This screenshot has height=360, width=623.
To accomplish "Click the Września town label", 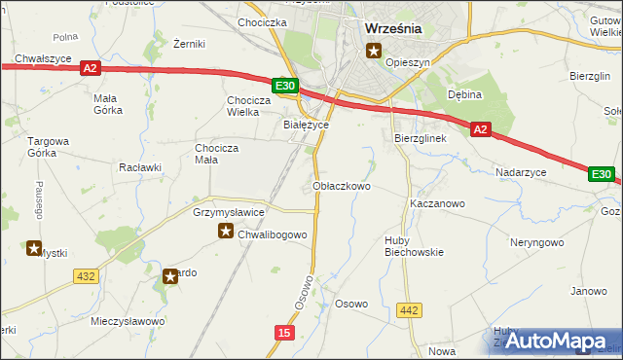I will pos(392,28).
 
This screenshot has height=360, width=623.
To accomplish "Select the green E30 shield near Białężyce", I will pos(284,87).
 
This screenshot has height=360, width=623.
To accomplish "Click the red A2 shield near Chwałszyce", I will pos(90,68).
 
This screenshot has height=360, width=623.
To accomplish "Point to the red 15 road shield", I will pos(283,333).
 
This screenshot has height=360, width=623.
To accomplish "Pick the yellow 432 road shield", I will pos(85,276).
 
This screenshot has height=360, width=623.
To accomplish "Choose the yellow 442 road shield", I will pos(410,310).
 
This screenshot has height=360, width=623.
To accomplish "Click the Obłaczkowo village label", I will pos(342,185).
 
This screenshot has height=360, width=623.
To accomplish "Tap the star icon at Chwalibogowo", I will pos(225,232).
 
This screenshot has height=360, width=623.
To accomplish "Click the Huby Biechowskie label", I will pos(413,244).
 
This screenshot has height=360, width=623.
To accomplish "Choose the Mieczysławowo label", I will pos(128,320).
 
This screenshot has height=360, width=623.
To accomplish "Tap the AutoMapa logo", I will pos(554,341).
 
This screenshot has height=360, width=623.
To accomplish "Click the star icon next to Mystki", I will pos(34,248).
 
